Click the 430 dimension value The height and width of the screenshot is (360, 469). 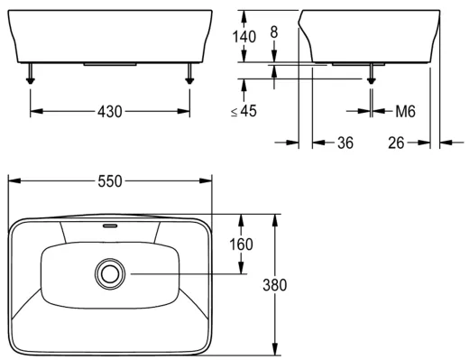110,112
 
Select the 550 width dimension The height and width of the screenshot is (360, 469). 110,181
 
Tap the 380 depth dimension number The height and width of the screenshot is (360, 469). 275,285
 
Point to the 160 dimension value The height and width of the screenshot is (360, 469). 241,245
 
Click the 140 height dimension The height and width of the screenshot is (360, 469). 244,37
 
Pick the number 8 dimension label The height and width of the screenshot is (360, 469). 274,32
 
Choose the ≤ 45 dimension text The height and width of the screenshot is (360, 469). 244,111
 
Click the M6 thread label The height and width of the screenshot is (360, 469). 405,111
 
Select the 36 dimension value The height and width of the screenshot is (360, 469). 345,143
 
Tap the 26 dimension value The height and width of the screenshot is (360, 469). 396,143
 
